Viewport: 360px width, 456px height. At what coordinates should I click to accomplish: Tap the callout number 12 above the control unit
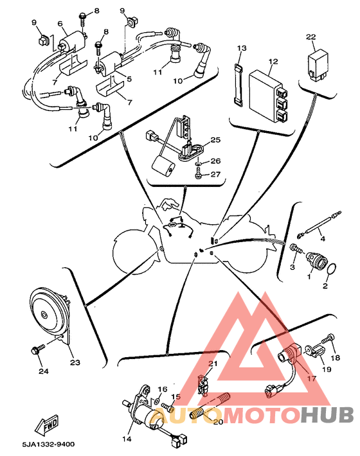click(x=273, y=62)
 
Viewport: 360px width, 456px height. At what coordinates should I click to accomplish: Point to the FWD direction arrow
click(x=46, y=425)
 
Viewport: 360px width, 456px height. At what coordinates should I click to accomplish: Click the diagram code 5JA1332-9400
click(x=49, y=444)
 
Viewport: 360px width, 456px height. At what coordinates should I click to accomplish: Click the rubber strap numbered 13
click(x=239, y=85)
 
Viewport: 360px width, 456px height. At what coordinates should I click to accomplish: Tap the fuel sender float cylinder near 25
click(x=163, y=166)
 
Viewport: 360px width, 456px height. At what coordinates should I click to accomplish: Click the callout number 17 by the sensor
click(x=311, y=379)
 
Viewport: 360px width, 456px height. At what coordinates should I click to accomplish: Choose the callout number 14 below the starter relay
click(x=127, y=439)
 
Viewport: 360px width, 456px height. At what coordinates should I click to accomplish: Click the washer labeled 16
click(x=156, y=401)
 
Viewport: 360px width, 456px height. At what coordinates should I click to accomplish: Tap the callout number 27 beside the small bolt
click(x=215, y=174)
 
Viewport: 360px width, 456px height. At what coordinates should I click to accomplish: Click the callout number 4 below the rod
click(x=323, y=239)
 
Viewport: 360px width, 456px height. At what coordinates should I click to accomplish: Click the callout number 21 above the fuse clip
click(x=213, y=364)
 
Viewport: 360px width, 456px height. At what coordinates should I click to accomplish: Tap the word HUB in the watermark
click(x=327, y=414)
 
